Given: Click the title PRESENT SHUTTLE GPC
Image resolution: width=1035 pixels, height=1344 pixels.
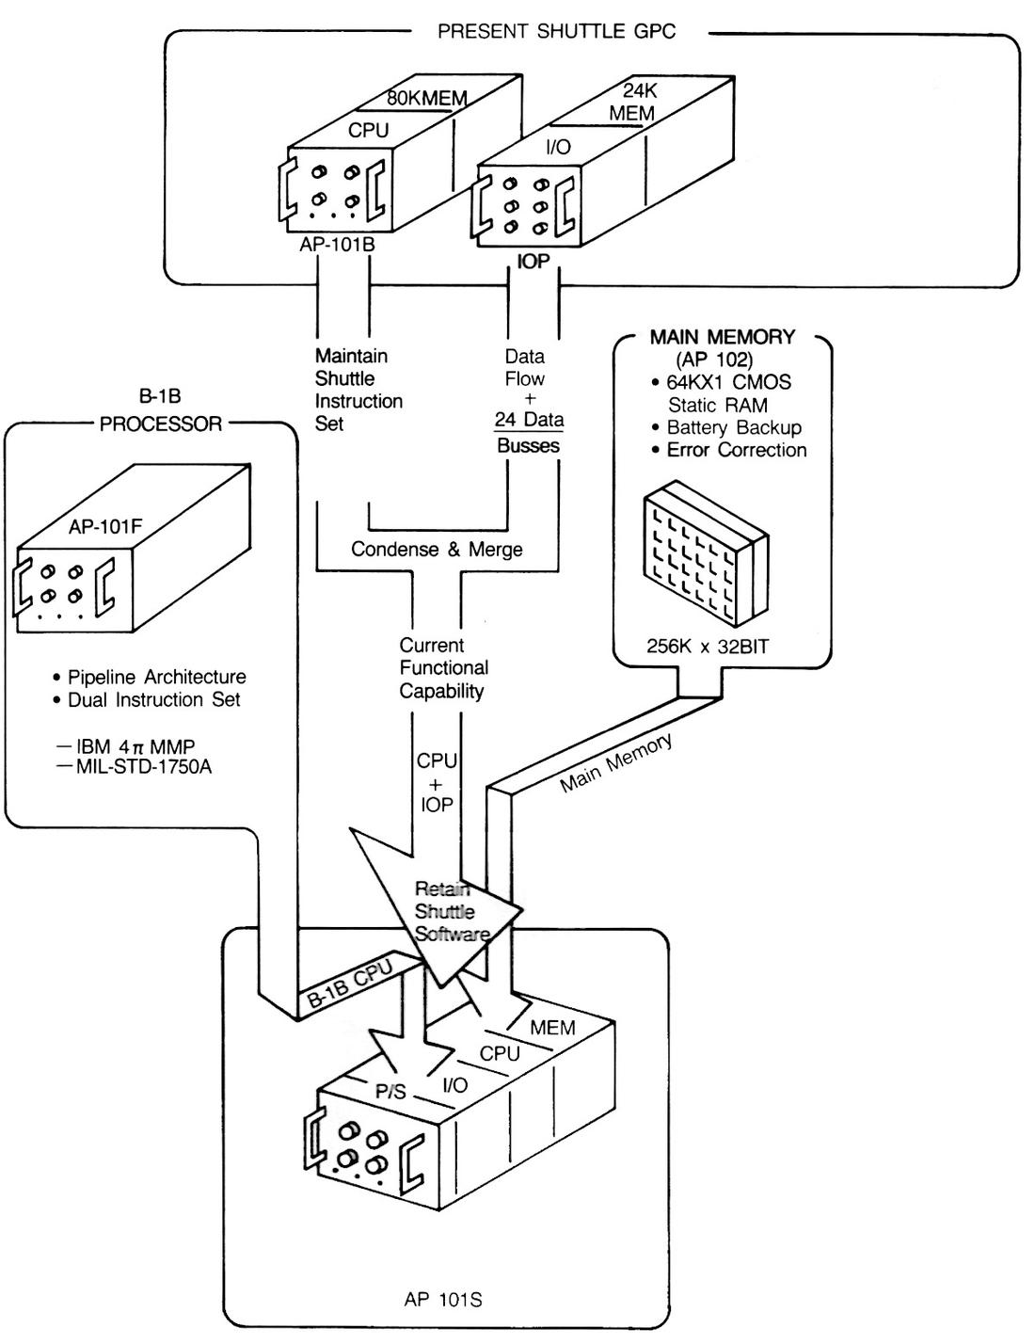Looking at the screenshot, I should pos(556,31).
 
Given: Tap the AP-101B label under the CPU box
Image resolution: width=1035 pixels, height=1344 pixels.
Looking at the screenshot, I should pos(337,245).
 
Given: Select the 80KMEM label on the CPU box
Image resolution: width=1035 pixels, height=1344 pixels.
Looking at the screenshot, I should pos(427,98).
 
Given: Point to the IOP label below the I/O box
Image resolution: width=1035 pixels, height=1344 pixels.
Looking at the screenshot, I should pos(533,262).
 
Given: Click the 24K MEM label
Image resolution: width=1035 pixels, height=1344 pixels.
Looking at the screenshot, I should pos(631,103).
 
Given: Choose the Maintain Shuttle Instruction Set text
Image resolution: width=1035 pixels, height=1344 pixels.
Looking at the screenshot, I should pos(358,390).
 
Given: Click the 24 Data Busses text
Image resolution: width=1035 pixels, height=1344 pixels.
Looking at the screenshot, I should pos(529,433).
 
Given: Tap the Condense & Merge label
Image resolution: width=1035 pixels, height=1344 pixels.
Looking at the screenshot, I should pos(437,550).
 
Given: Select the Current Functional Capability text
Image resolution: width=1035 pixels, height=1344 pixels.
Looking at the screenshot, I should pos(443,668).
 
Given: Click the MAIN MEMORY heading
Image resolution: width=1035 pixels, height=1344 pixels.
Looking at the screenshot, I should pos(723,337).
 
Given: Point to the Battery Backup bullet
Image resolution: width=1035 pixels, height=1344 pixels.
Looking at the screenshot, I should pos(733,427).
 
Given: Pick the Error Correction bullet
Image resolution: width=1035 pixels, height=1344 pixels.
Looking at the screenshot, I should pos(736,450).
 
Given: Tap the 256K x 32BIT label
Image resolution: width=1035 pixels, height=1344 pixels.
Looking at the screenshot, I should pos(707,647).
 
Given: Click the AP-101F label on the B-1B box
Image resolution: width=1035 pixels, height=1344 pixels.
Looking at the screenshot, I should pos(105,527).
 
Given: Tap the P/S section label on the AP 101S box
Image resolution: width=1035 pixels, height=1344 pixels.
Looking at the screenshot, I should pos(390,1092).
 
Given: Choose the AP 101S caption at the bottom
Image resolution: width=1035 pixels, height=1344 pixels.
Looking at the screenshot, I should pos(443,1300).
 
